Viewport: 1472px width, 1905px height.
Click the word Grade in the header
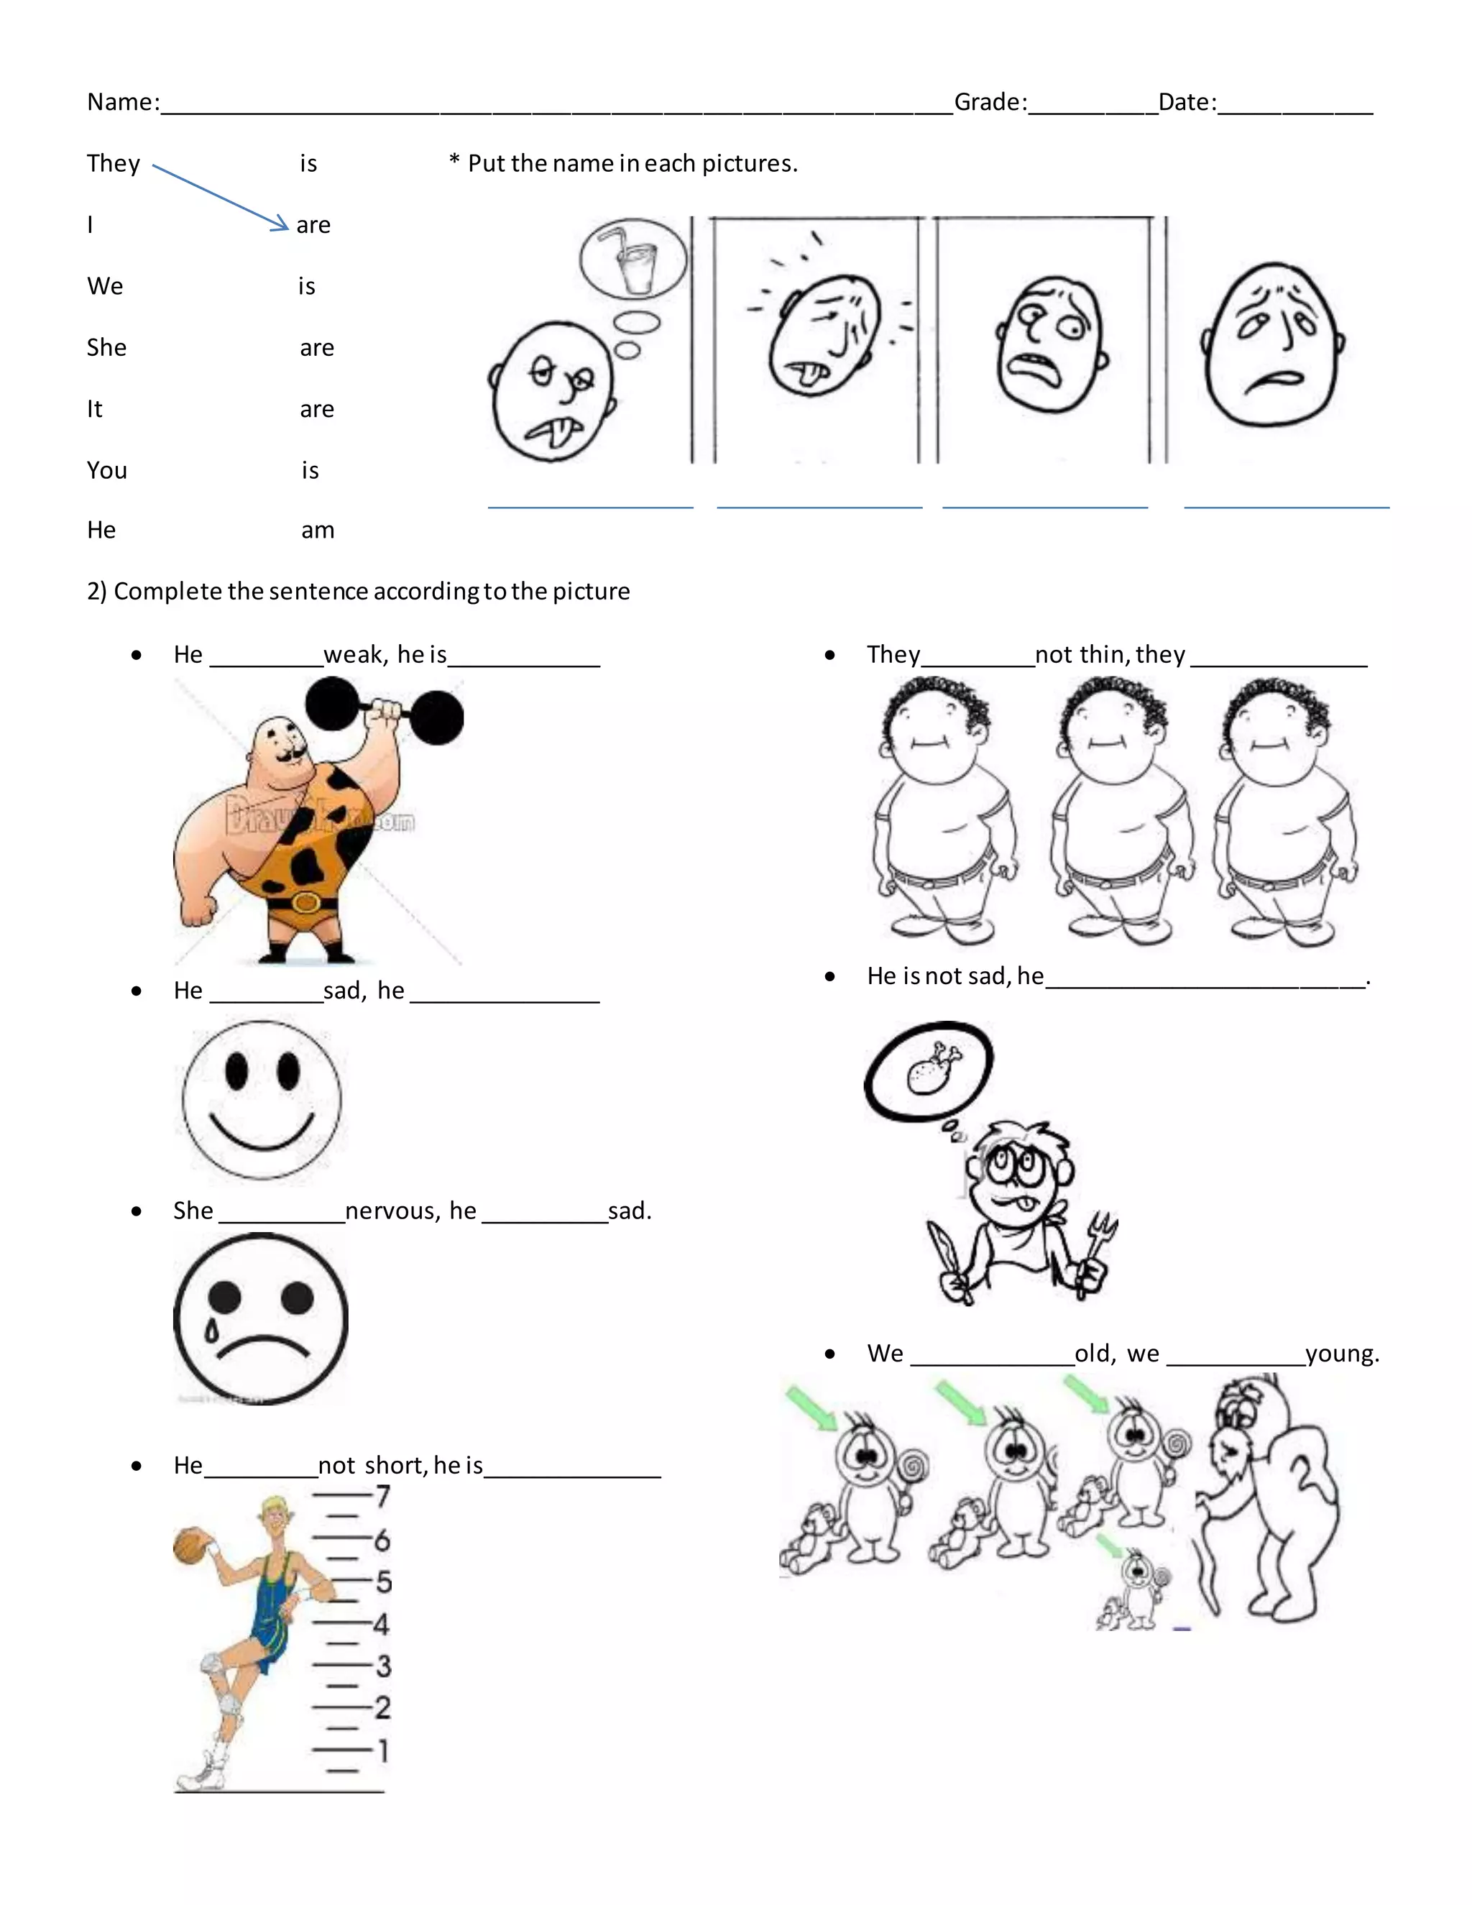[988, 102]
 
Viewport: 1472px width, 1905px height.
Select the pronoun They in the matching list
[114, 163]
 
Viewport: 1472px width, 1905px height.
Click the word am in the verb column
[318, 530]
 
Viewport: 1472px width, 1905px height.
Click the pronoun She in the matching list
[106, 347]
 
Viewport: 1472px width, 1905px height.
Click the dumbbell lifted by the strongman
[384, 712]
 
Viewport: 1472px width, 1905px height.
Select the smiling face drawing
[262, 1100]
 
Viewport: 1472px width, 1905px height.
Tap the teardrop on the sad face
[210, 1332]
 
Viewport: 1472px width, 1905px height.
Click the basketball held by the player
[189, 1548]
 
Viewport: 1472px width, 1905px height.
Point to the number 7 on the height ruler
[383, 1497]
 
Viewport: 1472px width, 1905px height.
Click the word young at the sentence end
[1341, 1353]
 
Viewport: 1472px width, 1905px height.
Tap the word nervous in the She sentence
[396, 1211]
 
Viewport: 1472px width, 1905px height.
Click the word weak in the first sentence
[354, 654]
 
